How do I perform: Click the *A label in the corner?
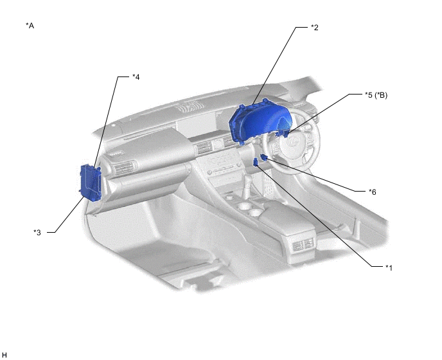30,26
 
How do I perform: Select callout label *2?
315,28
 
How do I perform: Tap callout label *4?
136,76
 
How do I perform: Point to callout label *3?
37,233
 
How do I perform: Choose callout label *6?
373,192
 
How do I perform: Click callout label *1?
389,267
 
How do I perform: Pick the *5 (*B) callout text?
376,95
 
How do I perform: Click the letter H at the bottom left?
4,355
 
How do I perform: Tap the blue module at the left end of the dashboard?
90,183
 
